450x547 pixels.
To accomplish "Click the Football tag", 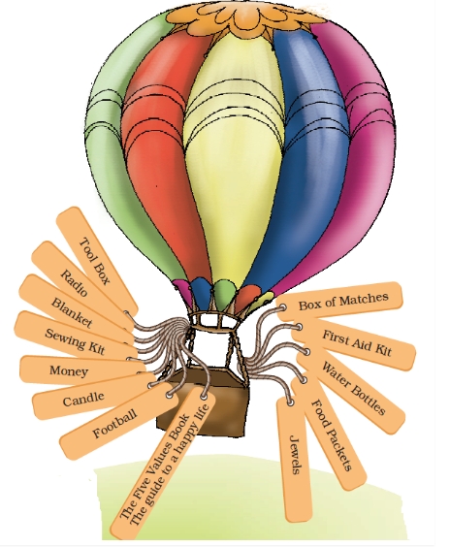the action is coord(116,421).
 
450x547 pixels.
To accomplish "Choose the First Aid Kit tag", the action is coord(353,342).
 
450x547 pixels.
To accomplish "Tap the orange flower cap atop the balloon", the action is coord(244,17).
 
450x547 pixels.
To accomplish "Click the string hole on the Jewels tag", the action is coord(290,402).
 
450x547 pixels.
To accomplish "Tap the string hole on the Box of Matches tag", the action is coord(282,307).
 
